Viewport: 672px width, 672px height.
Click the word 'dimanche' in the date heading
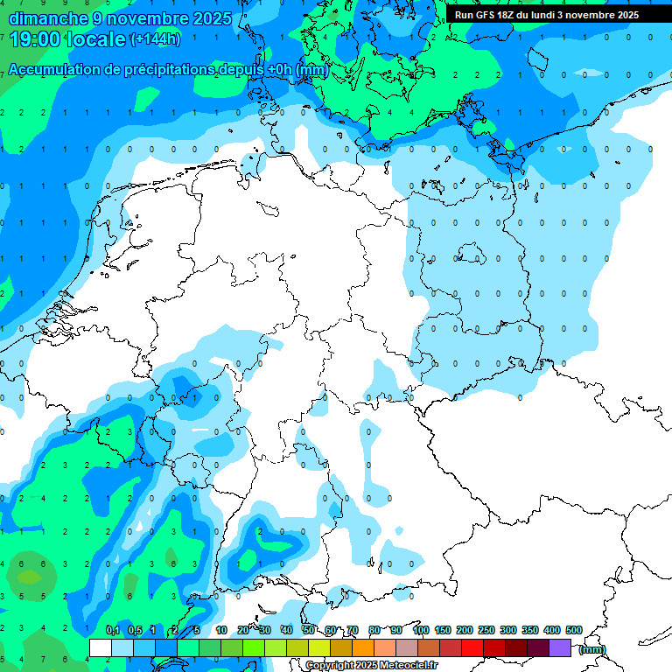[41, 18]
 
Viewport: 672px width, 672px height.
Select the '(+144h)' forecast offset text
[155, 39]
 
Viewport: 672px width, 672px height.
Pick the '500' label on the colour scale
[574, 630]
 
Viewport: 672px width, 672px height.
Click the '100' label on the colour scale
[421, 630]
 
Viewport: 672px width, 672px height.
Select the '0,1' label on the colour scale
[113, 630]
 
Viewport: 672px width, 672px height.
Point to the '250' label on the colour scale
[486, 630]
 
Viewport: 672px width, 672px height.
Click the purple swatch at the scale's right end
[560, 647]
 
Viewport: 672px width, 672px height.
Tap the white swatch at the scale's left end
[101, 647]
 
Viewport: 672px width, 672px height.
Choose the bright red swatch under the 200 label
[472, 647]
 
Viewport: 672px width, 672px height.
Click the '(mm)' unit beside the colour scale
[592, 648]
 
